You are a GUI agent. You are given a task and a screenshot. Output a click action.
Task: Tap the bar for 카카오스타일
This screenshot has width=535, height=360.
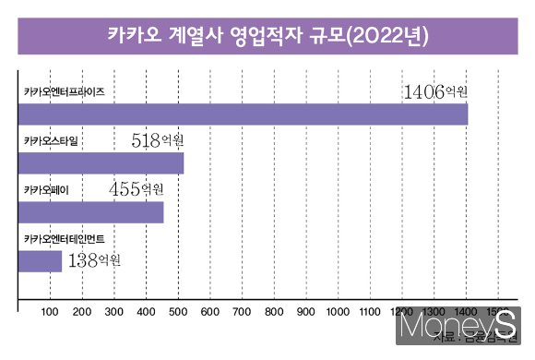(x=101, y=162)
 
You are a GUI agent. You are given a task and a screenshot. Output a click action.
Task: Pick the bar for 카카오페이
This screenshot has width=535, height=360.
(x=91, y=211)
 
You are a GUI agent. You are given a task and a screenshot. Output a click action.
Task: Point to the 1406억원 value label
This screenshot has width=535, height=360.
(x=436, y=91)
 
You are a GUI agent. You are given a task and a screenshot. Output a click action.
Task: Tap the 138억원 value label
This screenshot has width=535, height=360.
(x=95, y=259)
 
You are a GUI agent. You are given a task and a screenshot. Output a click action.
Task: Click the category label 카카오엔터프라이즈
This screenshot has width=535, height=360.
(x=65, y=92)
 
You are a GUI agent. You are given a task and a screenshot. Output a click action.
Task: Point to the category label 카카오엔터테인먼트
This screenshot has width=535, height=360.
(x=65, y=239)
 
